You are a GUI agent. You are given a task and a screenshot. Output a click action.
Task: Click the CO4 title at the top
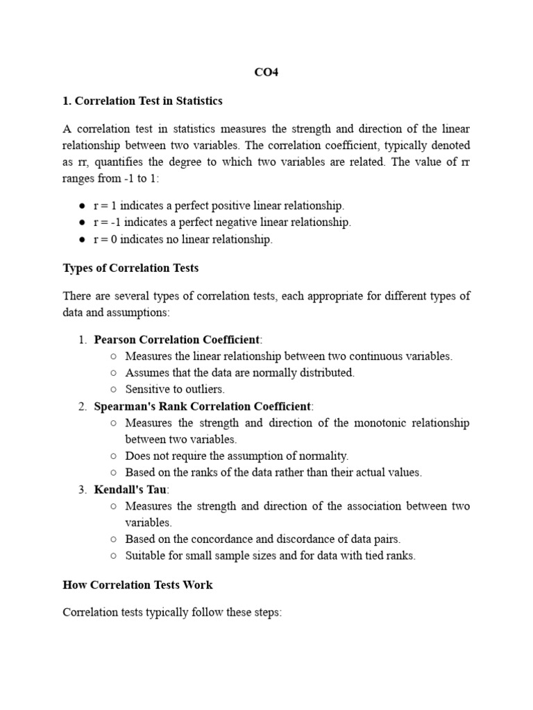click(266, 72)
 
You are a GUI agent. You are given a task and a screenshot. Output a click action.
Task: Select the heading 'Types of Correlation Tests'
click(130, 268)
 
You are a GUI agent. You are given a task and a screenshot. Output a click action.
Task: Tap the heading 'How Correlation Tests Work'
click(137, 585)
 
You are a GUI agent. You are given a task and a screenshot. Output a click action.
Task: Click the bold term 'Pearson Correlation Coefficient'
click(177, 340)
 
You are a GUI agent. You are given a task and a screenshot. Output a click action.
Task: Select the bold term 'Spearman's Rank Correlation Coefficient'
click(203, 406)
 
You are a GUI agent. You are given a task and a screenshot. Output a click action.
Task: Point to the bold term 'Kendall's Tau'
click(130, 490)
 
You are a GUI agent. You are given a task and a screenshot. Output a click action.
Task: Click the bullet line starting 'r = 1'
click(219, 206)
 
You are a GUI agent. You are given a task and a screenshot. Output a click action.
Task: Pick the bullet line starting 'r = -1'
click(222, 223)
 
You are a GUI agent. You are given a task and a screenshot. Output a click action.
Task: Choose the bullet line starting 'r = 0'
click(183, 239)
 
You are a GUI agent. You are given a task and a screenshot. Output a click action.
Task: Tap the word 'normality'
click(323, 456)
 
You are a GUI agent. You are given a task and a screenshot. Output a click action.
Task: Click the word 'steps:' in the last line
click(266, 613)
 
